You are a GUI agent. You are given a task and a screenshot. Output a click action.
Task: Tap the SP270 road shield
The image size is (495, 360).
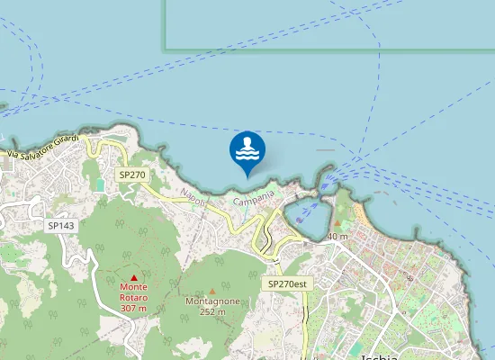[x=131, y=175]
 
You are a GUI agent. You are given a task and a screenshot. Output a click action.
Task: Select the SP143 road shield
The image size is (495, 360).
[x=61, y=225]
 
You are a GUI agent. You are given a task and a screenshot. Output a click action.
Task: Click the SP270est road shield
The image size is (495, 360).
[x=288, y=283]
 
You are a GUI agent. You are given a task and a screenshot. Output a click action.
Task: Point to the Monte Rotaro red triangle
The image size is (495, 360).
[x=134, y=277]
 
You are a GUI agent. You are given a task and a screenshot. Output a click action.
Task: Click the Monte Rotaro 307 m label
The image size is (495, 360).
[x=133, y=298]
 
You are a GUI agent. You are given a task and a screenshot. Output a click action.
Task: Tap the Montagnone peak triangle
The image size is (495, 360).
[x=211, y=291]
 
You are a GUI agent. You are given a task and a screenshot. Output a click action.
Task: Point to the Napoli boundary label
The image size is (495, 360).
[x=193, y=197]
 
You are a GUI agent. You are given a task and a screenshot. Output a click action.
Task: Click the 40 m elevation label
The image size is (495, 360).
[x=337, y=237]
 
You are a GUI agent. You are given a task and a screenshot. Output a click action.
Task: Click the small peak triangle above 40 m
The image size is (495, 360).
[x=338, y=223]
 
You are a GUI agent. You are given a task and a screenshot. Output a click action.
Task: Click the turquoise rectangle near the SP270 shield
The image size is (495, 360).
[x=99, y=184]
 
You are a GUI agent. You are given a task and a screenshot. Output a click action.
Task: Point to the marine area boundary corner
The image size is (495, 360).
[x=165, y=48]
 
